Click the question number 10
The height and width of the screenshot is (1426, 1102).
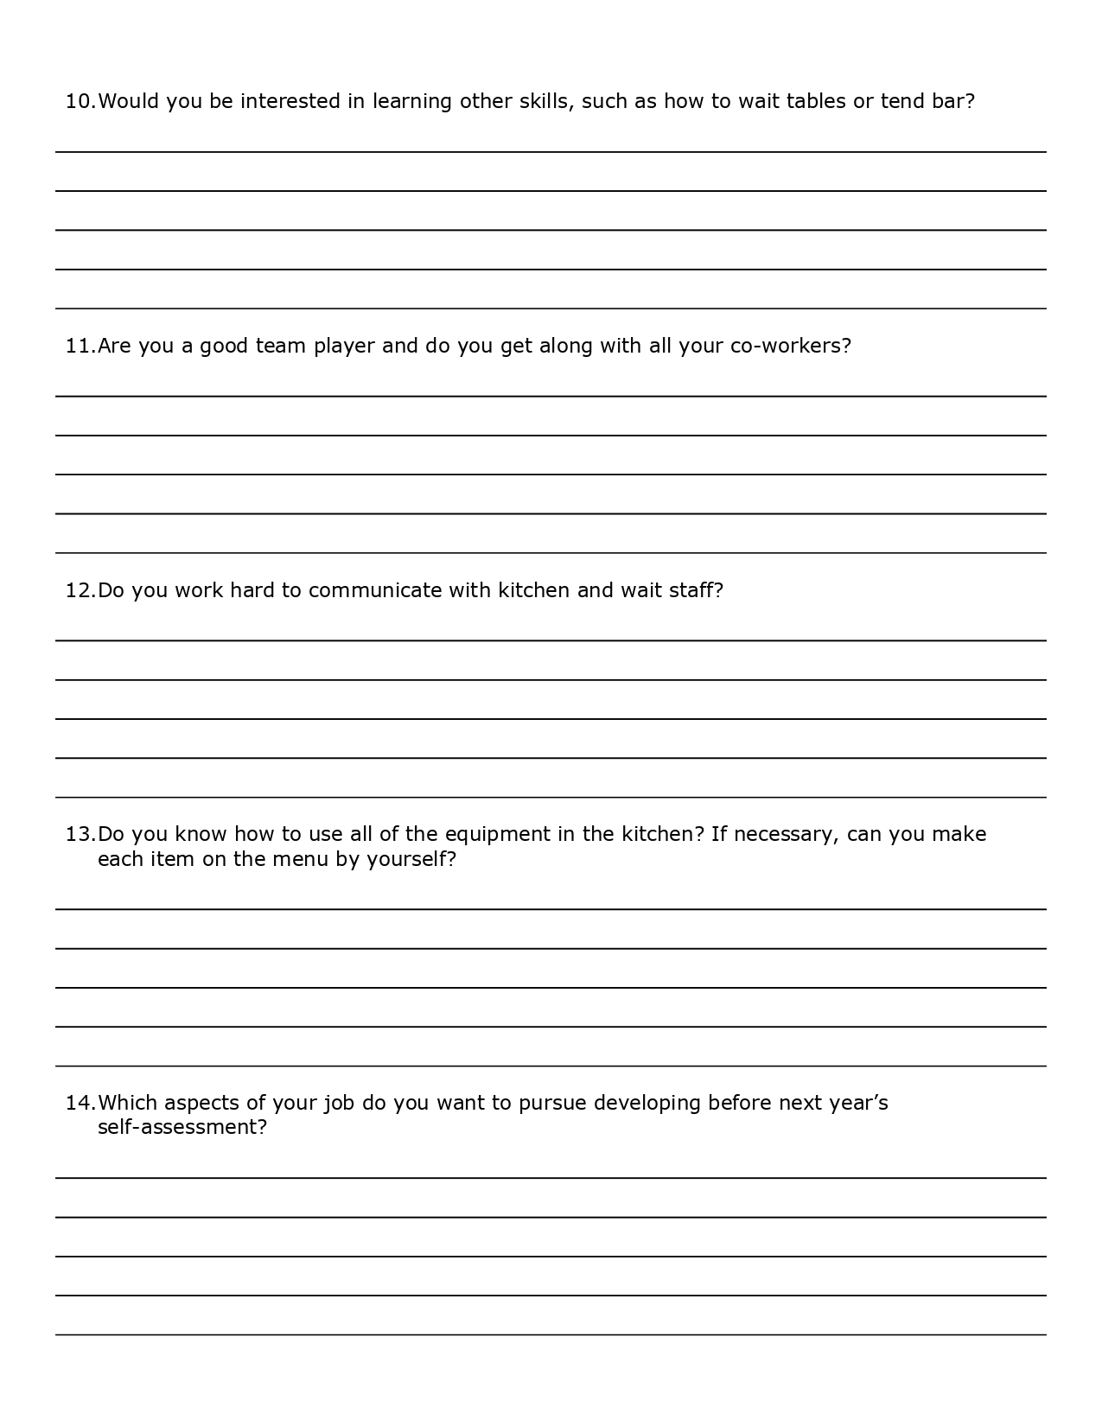[80, 102]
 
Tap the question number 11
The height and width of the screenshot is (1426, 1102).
[80, 347]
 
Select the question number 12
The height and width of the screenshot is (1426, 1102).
[80, 591]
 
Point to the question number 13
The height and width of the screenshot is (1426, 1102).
[80, 835]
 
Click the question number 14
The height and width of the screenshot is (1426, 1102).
[80, 1104]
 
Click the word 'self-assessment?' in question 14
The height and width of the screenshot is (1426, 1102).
[182, 1128]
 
